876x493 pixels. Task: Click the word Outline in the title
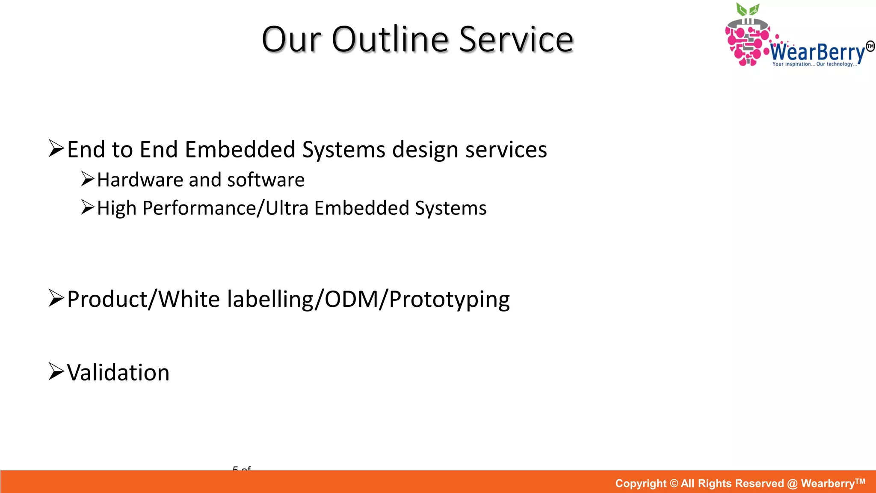(390, 39)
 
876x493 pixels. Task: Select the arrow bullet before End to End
(56, 148)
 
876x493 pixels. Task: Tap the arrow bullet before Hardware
(88, 179)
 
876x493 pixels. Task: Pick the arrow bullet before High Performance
(88, 207)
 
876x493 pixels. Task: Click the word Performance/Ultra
(225, 208)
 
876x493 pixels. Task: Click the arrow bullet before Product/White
(56, 298)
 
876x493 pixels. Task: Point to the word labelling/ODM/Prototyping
(369, 299)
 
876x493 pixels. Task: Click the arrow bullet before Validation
(56, 371)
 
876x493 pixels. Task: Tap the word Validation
(118, 372)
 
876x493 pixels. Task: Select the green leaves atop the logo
(747, 9)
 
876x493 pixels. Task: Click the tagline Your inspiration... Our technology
(814, 64)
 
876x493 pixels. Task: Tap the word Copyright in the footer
(640, 484)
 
